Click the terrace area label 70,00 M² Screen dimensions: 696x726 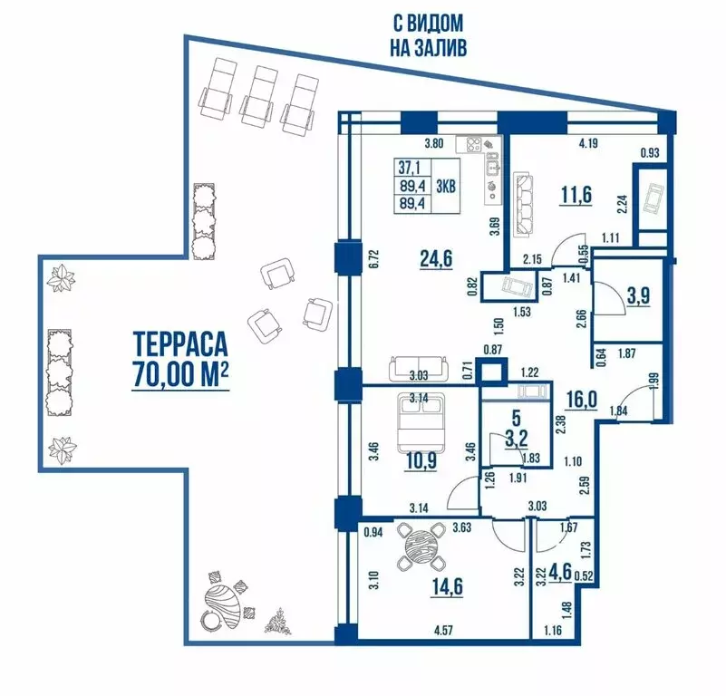[x=178, y=375]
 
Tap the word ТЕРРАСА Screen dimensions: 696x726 [x=179, y=344]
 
